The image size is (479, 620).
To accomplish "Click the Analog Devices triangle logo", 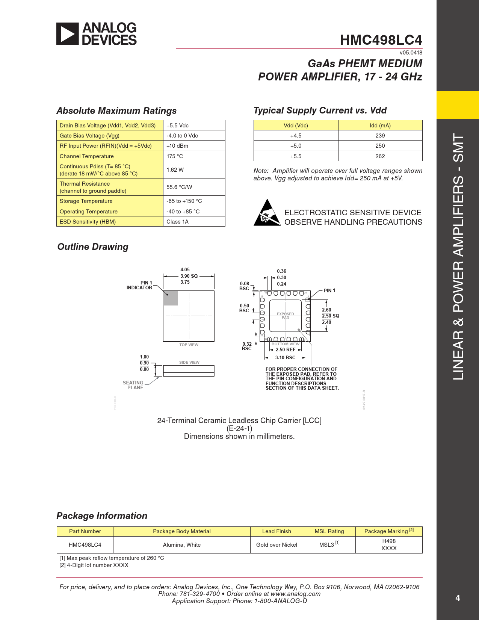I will point(68,34).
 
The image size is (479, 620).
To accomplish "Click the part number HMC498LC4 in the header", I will point(381,40).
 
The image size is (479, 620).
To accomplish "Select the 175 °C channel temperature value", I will point(175,156).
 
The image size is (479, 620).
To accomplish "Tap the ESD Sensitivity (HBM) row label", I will point(88,222).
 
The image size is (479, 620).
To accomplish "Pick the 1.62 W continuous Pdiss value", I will point(175,170).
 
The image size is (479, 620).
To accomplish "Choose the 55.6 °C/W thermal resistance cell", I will point(179,187).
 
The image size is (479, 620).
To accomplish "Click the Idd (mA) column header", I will point(380,126).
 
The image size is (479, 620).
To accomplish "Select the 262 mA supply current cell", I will point(380,156).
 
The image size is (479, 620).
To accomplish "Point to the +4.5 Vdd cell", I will point(296,136).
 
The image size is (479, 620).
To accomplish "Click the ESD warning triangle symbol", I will point(267,213).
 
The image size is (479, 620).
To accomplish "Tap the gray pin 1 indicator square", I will point(171,298).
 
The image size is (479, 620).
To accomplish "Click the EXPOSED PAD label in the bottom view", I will point(286,316).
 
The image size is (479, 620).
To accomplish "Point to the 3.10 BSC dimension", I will point(285,358).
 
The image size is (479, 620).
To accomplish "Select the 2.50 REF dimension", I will point(286,350).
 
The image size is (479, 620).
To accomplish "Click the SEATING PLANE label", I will point(133,385).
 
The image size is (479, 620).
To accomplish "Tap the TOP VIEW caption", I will point(189,345).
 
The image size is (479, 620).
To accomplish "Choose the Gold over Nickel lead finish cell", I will point(277,545).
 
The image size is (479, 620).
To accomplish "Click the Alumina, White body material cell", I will point(181,545).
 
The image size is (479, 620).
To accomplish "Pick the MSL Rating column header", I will point(329,531).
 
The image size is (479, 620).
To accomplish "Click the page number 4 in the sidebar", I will point(458,598).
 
